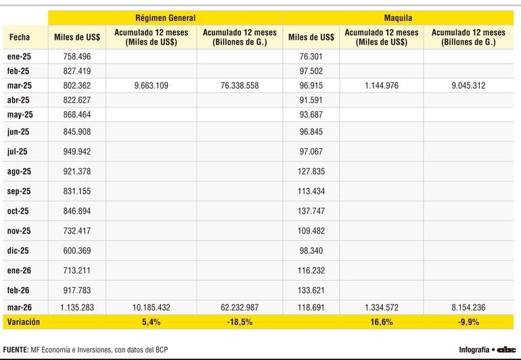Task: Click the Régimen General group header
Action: tap(166, 18)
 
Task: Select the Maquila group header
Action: tap(398, 18)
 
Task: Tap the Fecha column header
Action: tap(20, 37)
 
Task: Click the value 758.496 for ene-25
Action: tap(77, 57)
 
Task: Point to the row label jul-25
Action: tap(18, 152)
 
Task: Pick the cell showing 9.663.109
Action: tap(151, 86)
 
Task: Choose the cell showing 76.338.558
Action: tap(240, 86)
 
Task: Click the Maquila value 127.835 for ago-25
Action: tap(311, 171)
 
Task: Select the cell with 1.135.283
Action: tap(77, 307)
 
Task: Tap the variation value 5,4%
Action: tap(151, 322)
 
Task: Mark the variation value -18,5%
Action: tap(240, 322)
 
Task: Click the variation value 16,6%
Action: tap(382, 322)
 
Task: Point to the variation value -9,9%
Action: tap(468, 322)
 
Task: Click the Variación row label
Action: tap(24, 322)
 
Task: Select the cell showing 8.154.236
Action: tap(468, 307)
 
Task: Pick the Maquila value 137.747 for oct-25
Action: tap(311, 211)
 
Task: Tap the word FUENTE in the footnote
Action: tap(16, 350)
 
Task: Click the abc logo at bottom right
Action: tap(506, 350)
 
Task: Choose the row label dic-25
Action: tap(18, 250)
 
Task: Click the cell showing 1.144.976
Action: tap(382, 86)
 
